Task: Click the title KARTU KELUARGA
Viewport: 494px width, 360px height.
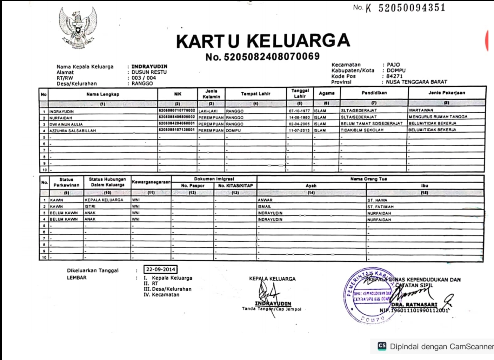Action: (263, 41)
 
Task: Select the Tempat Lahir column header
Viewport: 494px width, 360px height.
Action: (255, 94)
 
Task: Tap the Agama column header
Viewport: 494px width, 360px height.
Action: (326, 93)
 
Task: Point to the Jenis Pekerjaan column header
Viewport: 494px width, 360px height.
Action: (447, 93)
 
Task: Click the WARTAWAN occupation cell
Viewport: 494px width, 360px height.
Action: (421, 110)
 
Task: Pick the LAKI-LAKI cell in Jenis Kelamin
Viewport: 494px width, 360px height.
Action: (208, 111)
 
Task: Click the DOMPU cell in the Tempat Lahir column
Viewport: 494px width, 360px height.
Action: (233, 130)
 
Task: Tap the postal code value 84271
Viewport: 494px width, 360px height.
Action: (394, 76)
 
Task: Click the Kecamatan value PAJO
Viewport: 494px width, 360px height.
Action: (393, 65)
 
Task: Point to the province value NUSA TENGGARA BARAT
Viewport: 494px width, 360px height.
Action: (416, 82)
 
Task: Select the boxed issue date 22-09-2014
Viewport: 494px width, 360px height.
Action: (160, 269)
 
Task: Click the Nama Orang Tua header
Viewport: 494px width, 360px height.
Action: (368, 179)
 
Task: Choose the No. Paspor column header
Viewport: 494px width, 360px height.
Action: (193, 186)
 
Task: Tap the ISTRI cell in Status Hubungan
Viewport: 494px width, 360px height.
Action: (90, 206)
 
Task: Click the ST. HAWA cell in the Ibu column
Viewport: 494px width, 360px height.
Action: (377, 200)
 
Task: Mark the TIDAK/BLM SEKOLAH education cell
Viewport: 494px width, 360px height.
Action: (362, 130)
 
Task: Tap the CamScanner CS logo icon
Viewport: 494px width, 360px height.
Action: (382, 346)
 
